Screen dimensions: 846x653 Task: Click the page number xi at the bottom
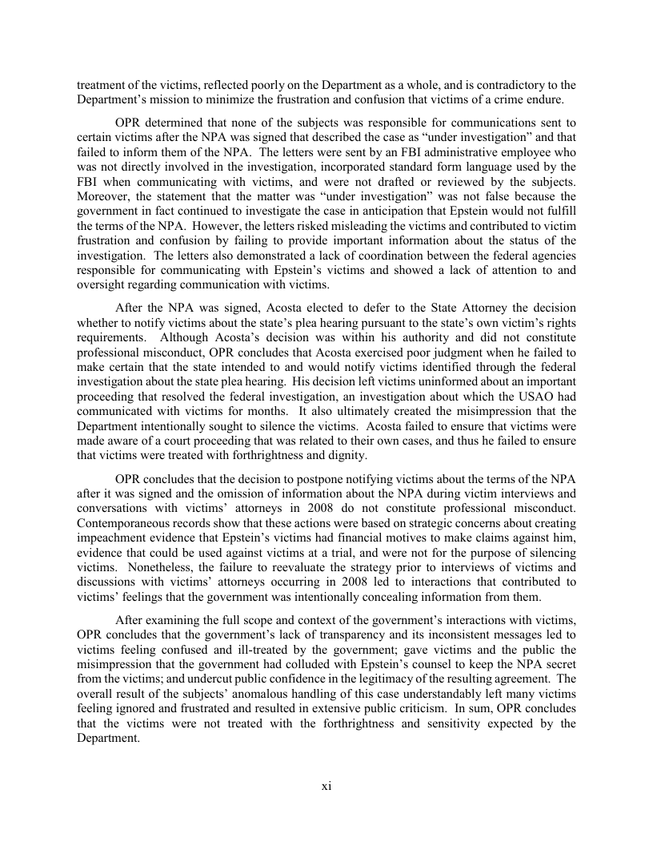[x=326, y=786]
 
